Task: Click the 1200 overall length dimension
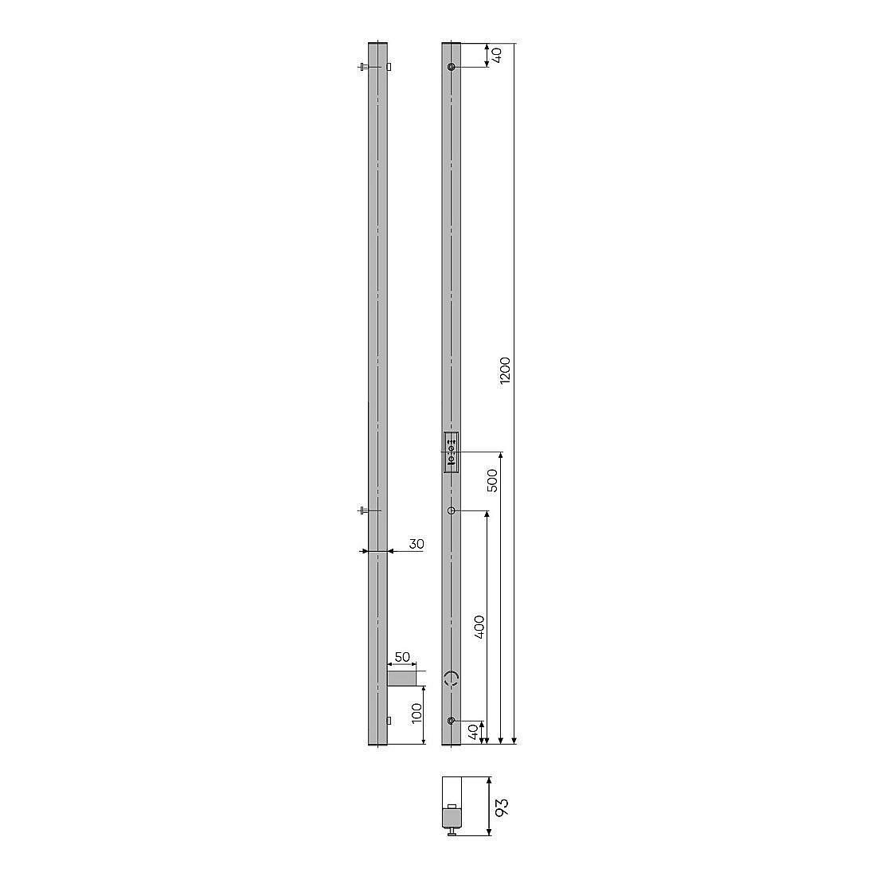[x=505, y=370]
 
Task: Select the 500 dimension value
[x=492, y=480]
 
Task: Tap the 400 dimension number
[x=479, y=627]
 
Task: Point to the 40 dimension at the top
[x=497, y=55]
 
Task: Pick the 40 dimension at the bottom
[x=473, y=731]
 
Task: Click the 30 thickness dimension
[x=416, y=544]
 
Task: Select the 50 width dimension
[x=402, y=657]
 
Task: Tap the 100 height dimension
[x=416, y=714]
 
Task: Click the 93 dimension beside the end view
[x=502, y=808]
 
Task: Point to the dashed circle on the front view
[x=452, y=679]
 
